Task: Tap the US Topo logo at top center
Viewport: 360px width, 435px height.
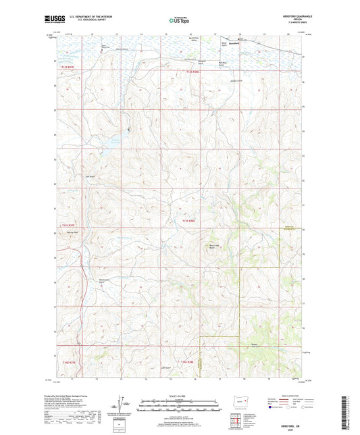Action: click(179, 21)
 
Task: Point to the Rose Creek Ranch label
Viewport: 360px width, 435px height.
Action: click(215, 247)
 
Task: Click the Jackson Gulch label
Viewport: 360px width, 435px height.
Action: click(197, 80)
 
